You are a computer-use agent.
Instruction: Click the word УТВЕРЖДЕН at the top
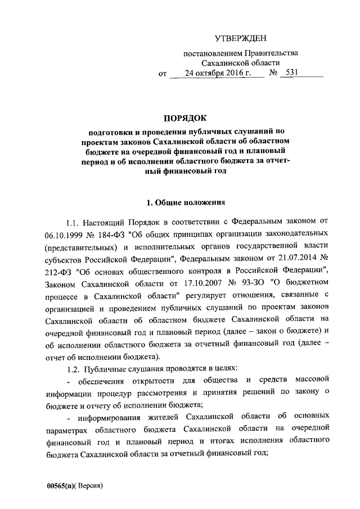tap(241, 38)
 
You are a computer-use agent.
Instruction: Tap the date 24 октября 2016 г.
tap(216, 73)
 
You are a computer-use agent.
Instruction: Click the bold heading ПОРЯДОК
tap(185, 118)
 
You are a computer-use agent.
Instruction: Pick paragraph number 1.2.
tap(75, 368)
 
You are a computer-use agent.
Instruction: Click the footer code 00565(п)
tap(61, 485)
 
